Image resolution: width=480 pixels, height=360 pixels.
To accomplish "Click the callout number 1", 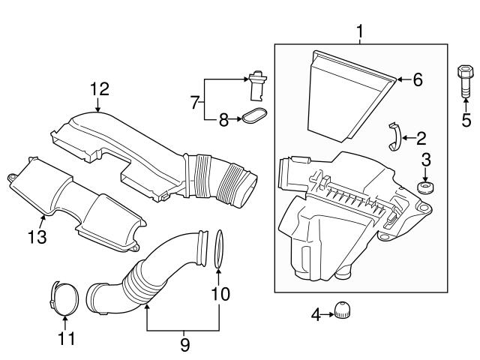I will click(x=360, y=31).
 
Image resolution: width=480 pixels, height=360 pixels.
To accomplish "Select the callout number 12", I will click(x=100, y=89).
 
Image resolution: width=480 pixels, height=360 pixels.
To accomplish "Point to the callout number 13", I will click(x=37, y=238).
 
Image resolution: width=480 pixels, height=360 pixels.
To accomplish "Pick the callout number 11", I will click(x=66, y=339).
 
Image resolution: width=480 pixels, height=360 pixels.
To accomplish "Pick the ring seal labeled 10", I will click(x=218, y=249).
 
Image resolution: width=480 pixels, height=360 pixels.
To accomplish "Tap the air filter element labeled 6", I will click(x=349, y=94).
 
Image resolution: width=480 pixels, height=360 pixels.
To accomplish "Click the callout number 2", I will click(x=421, y=137).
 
